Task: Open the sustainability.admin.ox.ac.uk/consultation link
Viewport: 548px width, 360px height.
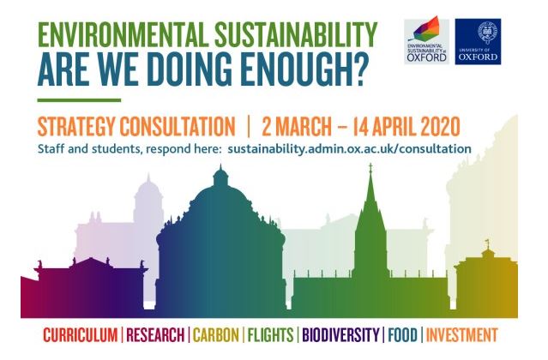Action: click(x=349, y=148)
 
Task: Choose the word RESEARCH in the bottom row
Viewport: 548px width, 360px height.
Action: click(x=156, y=334)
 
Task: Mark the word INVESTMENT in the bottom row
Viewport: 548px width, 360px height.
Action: click(x=462, y=334)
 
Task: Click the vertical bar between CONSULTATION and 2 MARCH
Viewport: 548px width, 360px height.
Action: click(x=247, y=125)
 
